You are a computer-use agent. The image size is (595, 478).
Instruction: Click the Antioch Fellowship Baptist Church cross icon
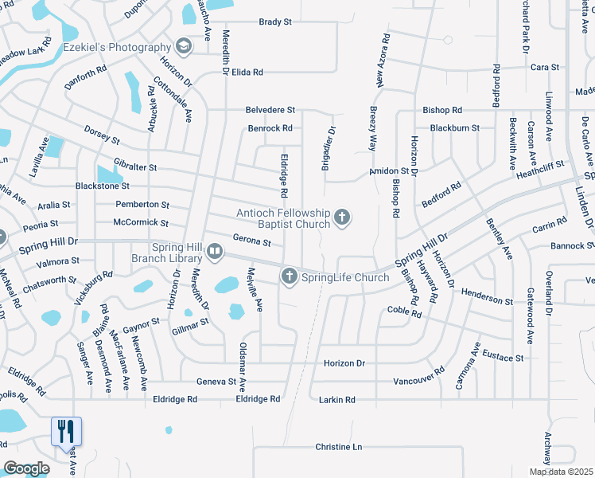(x=342, y=217)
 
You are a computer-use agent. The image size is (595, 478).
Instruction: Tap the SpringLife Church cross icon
(x=288, y=276)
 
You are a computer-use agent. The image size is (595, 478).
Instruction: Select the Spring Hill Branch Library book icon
(x=215, y=253)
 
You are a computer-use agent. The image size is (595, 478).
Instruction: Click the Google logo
(x=26, y=468)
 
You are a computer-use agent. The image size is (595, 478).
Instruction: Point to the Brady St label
(x=274, y=22)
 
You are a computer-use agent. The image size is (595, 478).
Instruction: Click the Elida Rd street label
(x=247, y=72)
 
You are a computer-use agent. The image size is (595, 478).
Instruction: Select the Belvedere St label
(x=270, y=109)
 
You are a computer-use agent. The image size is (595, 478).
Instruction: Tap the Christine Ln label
(x=338, y=447)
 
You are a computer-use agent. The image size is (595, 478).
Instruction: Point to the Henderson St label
(x=487, y=301)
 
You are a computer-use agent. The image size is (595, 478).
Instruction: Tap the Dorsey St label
(x=102, y=134)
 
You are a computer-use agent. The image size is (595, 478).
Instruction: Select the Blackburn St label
(x=454, y=127)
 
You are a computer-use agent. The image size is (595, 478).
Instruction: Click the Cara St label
(x=545, y=68)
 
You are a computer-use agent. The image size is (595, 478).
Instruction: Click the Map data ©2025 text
(x=561, y=472)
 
